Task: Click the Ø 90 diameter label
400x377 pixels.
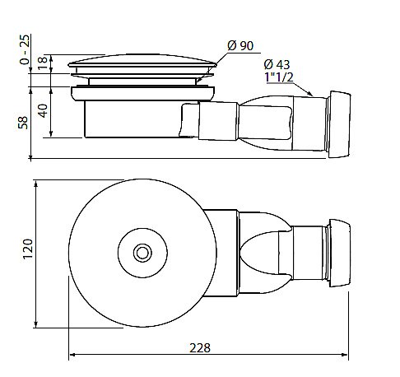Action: [x=240, y=45]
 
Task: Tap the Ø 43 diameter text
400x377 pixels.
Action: [x=277, y=64]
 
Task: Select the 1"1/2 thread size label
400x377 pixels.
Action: [x=279, y=77]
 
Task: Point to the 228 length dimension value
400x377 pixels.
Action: [x=200, y=348]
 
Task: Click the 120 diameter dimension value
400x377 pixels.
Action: [x=28, y=249]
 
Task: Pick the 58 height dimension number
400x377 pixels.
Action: [x=23, y=123]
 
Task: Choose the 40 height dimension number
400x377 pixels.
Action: [x=43, y=111]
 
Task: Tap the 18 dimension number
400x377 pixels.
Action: [x=43, y=63]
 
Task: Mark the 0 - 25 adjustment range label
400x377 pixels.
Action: [x=24, y=49]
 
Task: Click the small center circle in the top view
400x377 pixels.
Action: [x=142, y=253]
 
